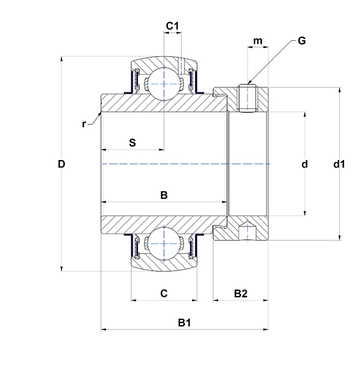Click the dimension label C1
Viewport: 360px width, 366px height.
(x=173, y=26)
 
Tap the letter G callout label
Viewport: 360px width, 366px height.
(x=302, y=41)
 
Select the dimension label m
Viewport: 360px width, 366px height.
(x=258, y=41)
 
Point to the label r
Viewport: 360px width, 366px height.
(x=84, y=123)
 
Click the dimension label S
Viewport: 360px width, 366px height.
(x=132, y=142)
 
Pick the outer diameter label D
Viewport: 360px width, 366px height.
(x=61, y=164)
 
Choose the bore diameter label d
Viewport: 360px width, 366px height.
(x=305, y=164)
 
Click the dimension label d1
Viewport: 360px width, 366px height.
(x=339, y=164)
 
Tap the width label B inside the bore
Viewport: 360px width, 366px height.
(x=163, y=196)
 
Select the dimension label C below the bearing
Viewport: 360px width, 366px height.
(x=163, y=294)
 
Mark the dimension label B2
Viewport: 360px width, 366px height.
(x=241, y=294)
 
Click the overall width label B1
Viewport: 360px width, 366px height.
(x=183, y=323)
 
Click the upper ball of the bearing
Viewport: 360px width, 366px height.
(x=163, y=83)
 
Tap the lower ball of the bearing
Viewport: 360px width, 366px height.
(x=163, y=244)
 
